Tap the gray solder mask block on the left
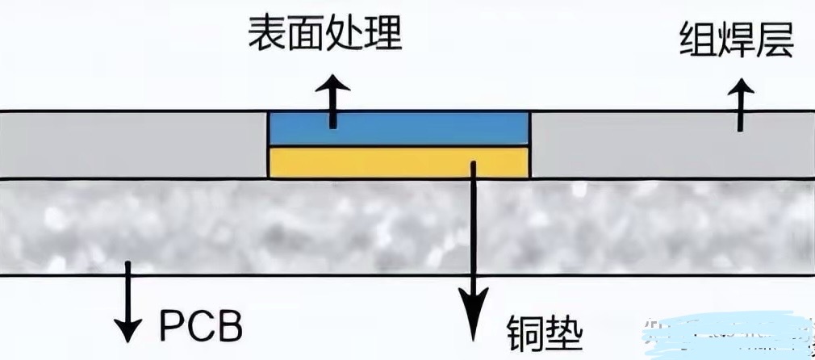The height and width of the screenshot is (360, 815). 133,144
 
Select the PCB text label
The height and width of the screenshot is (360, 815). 201,328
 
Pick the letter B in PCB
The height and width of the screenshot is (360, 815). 230,328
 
